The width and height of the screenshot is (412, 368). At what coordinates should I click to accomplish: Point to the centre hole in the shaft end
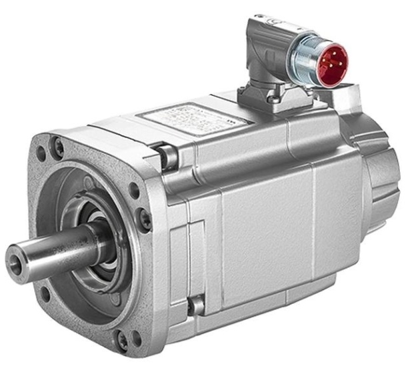[15, 257]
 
